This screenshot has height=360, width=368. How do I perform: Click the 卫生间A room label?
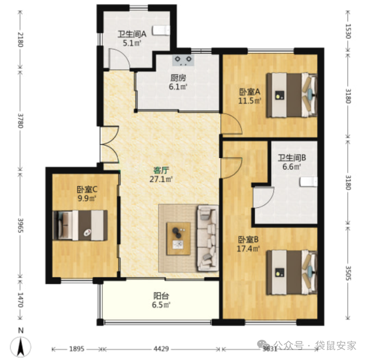(x=132, y=34)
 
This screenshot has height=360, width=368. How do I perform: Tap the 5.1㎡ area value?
(x=132, y=43)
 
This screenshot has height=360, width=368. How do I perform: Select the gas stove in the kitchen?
(x=183, y=60)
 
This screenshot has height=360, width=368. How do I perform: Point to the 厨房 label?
(x=178, y=78)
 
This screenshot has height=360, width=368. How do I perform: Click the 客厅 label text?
(x=161, y=170)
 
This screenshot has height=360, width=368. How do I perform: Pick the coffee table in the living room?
(x=179, y=239)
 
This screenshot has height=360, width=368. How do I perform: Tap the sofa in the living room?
(x=208, y=238)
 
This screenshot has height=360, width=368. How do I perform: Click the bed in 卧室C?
(x=80, y=225)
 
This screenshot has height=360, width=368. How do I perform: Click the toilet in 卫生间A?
(x=161, y=30)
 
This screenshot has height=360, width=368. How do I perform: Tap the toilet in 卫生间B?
(x=308, y=182)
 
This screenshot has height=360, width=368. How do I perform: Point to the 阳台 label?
(x=161, y=296)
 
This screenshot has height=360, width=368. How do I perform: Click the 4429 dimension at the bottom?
(x=161, y=349)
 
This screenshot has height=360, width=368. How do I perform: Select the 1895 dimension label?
(x=77, y=349)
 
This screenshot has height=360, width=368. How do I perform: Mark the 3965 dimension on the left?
(x=20, y=225)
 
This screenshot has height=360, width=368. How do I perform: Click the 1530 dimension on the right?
(x=348, y=31)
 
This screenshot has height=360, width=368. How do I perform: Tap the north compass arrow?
(x=21, y=346)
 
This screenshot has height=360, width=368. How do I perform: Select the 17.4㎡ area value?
(x=248, y=249)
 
